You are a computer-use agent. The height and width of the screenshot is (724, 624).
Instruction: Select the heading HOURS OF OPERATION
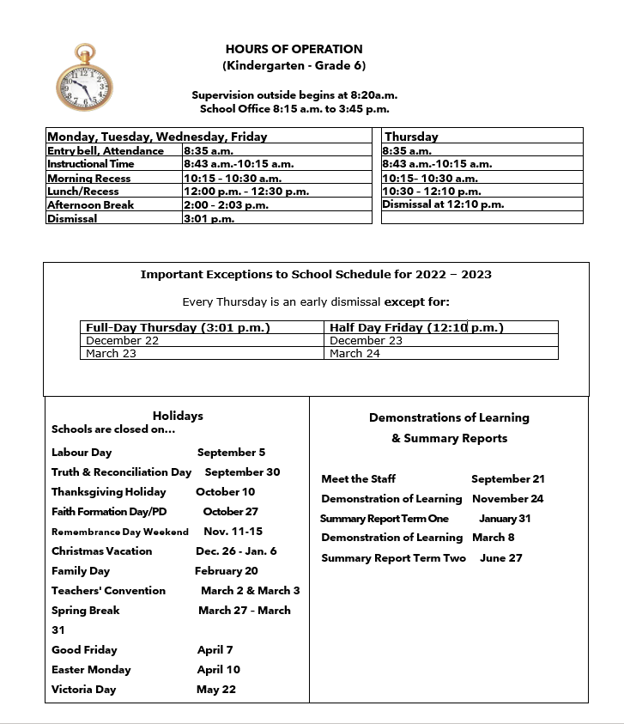[x=294, y=49]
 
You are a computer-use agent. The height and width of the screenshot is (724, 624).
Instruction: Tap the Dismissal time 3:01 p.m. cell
[x=209, y=219]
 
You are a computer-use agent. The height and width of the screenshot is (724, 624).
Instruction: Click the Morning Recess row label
[x=88, y=179]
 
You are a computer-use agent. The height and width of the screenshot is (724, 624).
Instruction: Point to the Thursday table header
[x=411, y=137]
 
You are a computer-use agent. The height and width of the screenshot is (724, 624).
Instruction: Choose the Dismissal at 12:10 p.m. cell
[x=443, y=204]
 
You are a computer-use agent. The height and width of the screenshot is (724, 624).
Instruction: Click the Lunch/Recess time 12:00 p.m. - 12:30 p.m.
[x=246, y=192]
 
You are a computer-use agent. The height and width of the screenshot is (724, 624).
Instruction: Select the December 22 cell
[x=123, y=341]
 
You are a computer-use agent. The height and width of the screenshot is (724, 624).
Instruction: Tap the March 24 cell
[x=354, y=354]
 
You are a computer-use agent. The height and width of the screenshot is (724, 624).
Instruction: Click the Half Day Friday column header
[x=415, y=327]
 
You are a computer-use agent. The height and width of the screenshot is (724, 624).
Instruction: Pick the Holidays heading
[x=178, y=416]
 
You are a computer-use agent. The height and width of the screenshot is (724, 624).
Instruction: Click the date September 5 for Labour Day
[x=231, y=452]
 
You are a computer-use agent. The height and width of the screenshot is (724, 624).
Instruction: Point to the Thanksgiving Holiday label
[x=109, y=492]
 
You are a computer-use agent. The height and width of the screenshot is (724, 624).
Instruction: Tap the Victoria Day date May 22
[x=216, y=690]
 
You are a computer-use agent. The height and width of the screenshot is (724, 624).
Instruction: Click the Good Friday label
[x=84, y=650]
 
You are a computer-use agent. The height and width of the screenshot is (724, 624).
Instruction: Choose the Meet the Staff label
[x=358, y=479]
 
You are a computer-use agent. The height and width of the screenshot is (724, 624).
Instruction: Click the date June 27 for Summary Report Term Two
[x=501, y=558]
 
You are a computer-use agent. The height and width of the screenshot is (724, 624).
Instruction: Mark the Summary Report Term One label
[x=384, y=519]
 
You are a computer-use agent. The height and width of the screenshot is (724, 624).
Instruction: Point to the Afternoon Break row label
[x=90, y=205]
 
